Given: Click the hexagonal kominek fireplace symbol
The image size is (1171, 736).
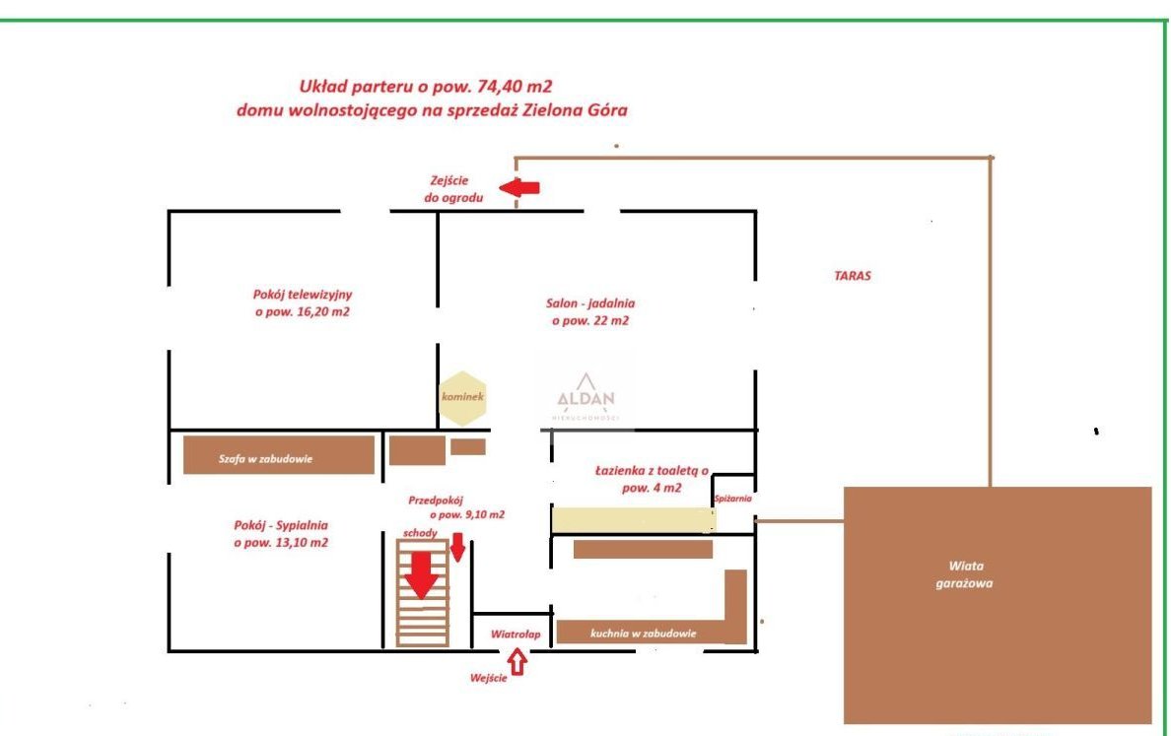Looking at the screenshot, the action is (x=462, y=398).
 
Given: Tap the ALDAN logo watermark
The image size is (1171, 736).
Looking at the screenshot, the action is (x=586, y=398).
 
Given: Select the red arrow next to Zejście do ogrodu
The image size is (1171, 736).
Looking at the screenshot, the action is (x=519, y=187).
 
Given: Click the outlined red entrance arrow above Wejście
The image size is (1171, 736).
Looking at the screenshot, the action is (x=517, y=662).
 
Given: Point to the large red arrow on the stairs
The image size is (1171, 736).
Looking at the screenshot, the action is (x=422, y=574).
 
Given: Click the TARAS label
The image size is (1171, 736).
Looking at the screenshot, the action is (x=852, y=276).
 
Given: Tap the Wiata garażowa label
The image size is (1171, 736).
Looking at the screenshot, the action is (x=965, y=574).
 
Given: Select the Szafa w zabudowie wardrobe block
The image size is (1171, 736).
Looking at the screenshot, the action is (x=279, y=454).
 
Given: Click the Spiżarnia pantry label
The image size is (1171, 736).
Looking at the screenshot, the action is (x=732, y=499).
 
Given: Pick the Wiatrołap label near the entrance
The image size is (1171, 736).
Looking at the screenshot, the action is (x=516, y=635).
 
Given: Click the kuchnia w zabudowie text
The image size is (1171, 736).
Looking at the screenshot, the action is (x=643, y=633).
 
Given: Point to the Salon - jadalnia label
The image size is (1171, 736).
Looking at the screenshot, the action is (x=590, y=312).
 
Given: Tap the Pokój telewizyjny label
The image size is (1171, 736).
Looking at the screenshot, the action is (x=303, y=303).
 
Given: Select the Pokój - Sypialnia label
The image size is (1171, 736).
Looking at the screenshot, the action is (x=281, y=534).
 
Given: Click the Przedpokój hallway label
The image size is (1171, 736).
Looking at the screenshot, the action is (x=456, y=507).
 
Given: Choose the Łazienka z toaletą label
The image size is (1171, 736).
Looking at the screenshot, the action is (x=652, y=479).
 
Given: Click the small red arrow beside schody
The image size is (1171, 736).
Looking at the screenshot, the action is (x=457, y=547).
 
